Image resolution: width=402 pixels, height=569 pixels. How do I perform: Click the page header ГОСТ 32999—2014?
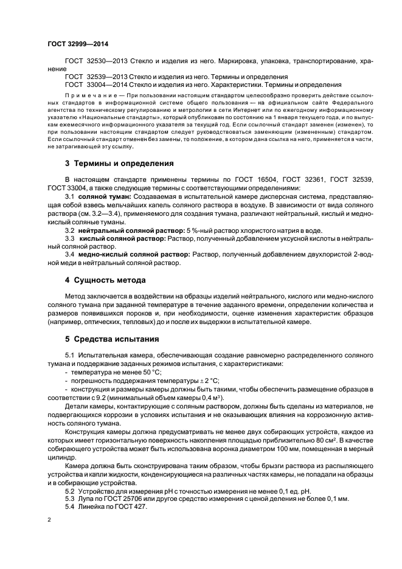click(x=73, y=43)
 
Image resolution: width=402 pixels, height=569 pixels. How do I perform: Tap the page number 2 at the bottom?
click(x=49, y=520)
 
